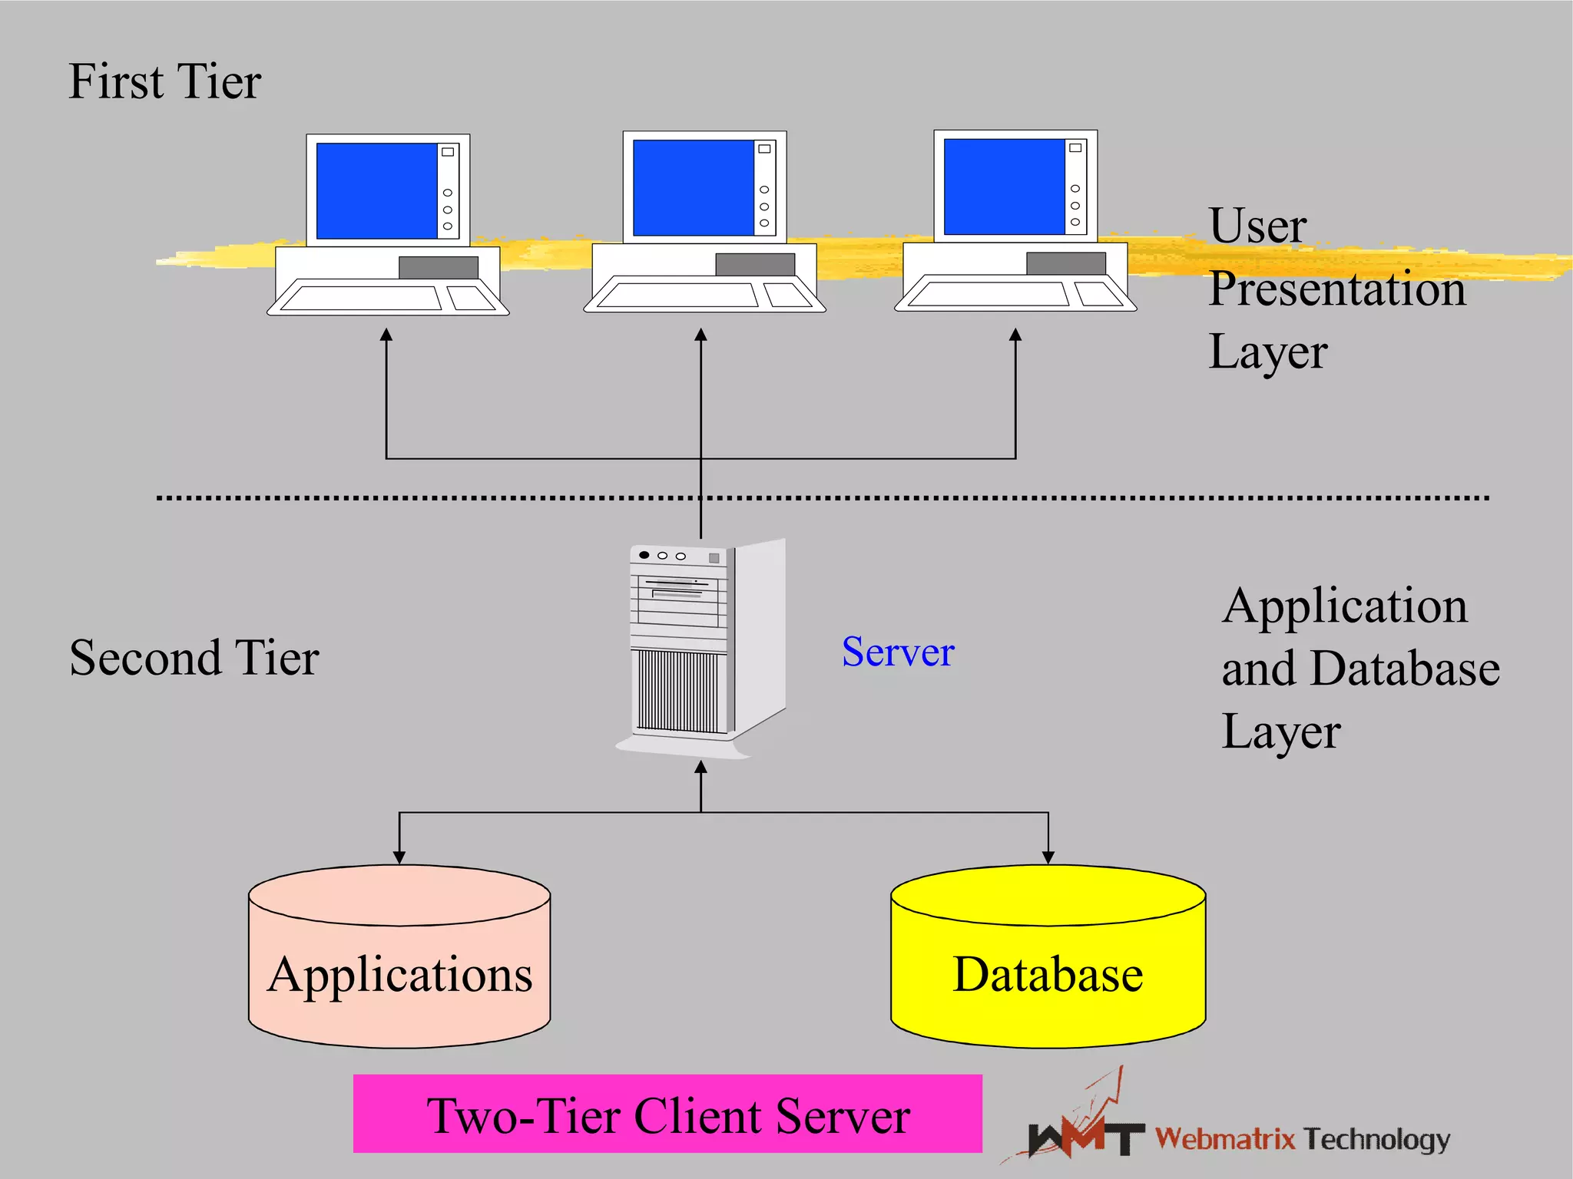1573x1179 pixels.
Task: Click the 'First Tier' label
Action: (x=164, y=81)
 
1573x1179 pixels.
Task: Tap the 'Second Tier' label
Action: (x=194, y=658)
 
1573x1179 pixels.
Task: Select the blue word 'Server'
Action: (x=897, y=652)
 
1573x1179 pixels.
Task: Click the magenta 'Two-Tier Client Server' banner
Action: (x=667, y=1114)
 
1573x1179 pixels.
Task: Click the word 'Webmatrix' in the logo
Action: (x=1225, y=1138)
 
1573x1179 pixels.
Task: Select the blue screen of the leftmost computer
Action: (x=376, y=190)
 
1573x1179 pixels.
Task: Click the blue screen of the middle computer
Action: (x=693, y=187)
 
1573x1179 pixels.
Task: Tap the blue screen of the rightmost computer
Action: (x=1003, y=187)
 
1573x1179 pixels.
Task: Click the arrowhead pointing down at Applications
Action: (x=399, y=857)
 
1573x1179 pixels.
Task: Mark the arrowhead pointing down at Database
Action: (x=1048, y=857)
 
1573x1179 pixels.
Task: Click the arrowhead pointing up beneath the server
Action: (x=700, y=768)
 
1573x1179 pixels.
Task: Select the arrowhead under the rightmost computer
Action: (x=1015, y=335)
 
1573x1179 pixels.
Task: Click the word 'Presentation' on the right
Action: (x=1336, y=289)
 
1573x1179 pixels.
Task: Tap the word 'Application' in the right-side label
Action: (x=1344, y=606)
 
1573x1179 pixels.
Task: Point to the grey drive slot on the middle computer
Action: (x=755, y=264)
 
